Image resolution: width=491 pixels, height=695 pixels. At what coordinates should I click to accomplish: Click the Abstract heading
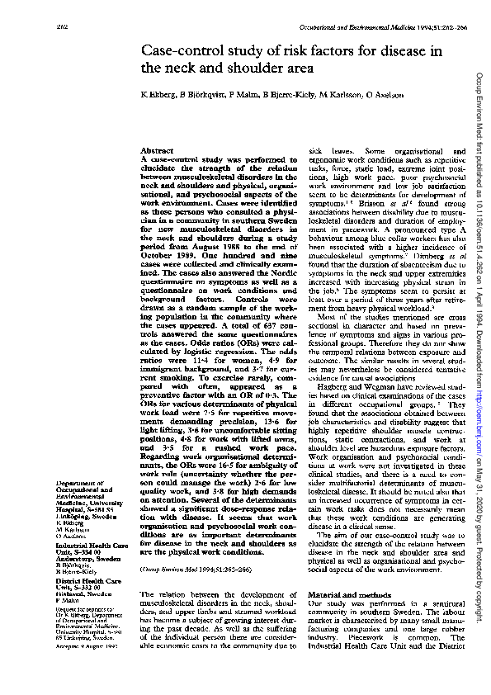point(157,152)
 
